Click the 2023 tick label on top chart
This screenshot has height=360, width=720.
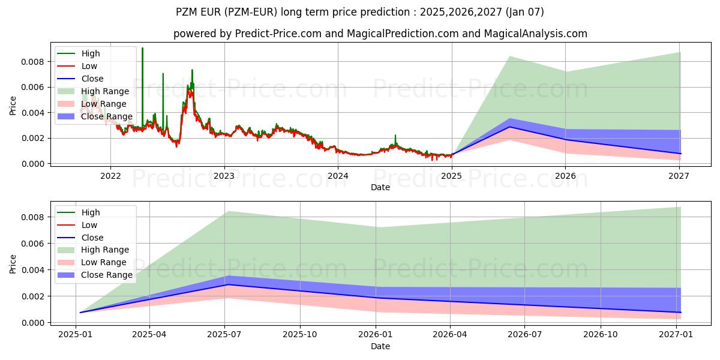pyautogui.click(x=224, y=176)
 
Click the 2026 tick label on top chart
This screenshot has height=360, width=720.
pyautogui.click(x=565, y=176)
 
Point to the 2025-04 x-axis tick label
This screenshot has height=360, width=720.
pyautogui.click(x=149, y=335)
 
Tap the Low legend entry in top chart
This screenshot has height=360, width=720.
pyautogui.click(x=89, y=66)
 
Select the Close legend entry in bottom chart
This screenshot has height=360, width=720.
pyautogui.click(x=92, y=238)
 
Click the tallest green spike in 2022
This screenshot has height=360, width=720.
pyautogui.click(x=142, y=49)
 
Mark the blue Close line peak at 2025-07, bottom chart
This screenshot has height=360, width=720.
pyautogui.click(x=226, y=284)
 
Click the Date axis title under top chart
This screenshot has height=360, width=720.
pyautogui.click(x=380, y=187)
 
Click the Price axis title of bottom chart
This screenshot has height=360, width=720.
pyautogui.click(x=13, y=264)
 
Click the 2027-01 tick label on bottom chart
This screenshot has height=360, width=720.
pyautogui.click(x=676, y=335)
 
